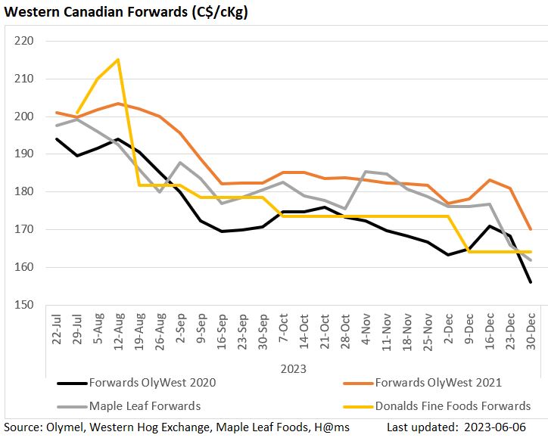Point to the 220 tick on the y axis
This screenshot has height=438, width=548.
tap(25, 41)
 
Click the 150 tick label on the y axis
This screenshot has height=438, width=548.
tap(25, 305)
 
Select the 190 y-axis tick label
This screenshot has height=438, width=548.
tap(25, 154)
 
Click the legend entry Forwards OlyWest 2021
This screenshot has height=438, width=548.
tap(439, 382)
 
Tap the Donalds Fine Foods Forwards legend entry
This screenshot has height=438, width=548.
tap(451, 406)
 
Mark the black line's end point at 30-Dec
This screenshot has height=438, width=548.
tap(530, 282)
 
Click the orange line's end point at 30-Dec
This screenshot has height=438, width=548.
tap(530, 229)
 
